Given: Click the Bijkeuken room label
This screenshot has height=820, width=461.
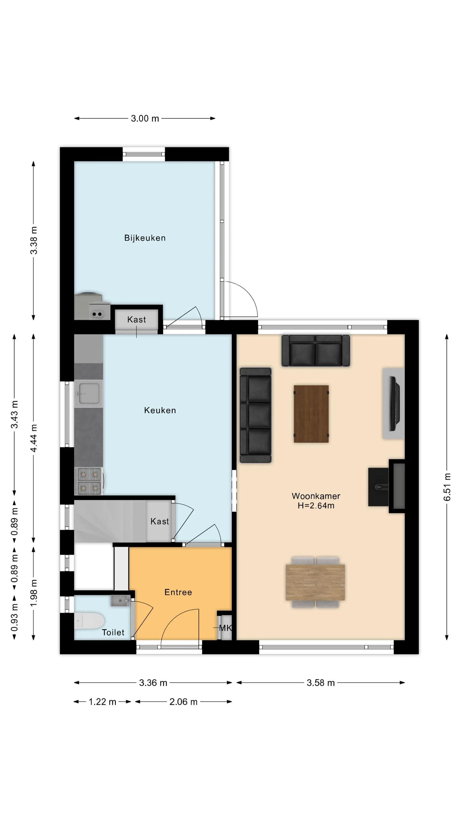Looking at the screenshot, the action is [x=145, y=238].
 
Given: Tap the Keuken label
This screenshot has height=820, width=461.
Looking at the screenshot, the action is [x=160, y=410].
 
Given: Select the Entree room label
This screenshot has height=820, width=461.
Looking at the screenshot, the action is [x=178, y=592].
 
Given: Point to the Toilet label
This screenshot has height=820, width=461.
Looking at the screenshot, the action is [x=113, y=632].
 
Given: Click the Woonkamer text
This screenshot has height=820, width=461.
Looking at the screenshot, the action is [x=316, y=496].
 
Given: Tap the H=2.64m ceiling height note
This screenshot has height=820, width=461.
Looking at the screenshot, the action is [x=316, y=506].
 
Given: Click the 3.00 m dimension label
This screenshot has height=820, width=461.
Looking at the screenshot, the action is [x=145, y=119].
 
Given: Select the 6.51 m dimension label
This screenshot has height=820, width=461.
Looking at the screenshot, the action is [x=447, y=487].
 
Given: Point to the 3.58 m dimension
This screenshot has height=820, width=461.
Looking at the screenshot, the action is [x=320, y=683].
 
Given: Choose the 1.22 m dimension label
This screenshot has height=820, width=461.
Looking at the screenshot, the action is [x=102, y=702].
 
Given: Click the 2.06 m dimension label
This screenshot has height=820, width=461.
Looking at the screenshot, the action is [x=183, y=702].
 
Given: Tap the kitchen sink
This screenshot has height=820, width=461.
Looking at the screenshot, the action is [x=89, y=394].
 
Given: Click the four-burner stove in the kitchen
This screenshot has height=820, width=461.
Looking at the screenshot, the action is [x=89, y=481].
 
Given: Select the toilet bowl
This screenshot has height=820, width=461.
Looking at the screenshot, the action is [x=89, y=621].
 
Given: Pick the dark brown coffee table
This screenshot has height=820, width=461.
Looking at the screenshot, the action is [x=311, y=414].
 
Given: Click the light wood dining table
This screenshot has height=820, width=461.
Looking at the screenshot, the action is [x=315, y=582].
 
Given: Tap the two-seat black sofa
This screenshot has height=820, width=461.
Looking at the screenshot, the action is [x=316, y=350].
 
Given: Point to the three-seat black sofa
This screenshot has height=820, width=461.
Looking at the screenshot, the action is [x=255, y=415].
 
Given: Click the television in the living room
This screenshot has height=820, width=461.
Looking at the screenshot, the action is [x=394, y=404].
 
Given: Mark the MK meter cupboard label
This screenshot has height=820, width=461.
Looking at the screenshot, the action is [x=225, y=628].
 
